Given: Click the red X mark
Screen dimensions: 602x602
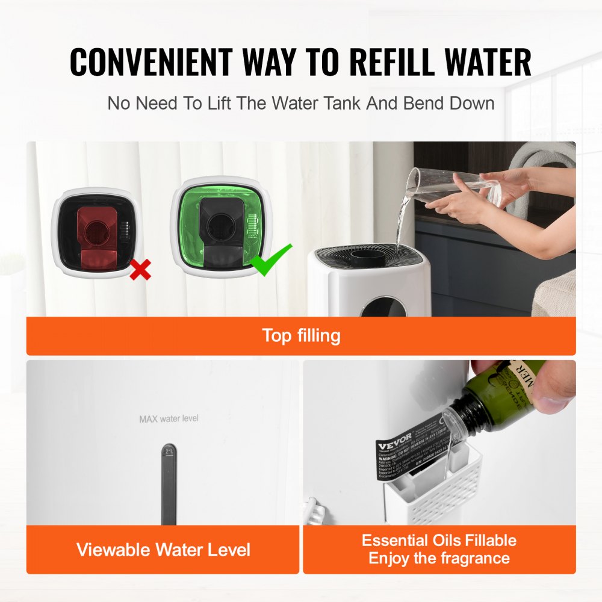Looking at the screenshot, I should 140,270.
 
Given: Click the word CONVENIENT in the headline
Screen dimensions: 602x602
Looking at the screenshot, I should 150,62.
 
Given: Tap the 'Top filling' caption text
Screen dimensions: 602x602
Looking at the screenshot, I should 301,335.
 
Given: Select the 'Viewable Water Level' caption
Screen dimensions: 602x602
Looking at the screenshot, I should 163,549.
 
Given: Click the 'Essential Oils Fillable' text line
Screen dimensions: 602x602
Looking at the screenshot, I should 439,540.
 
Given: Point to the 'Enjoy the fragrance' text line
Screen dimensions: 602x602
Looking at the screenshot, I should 439,559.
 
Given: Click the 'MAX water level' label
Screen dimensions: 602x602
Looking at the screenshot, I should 169,418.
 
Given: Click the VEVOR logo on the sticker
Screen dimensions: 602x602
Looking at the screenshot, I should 395,441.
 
